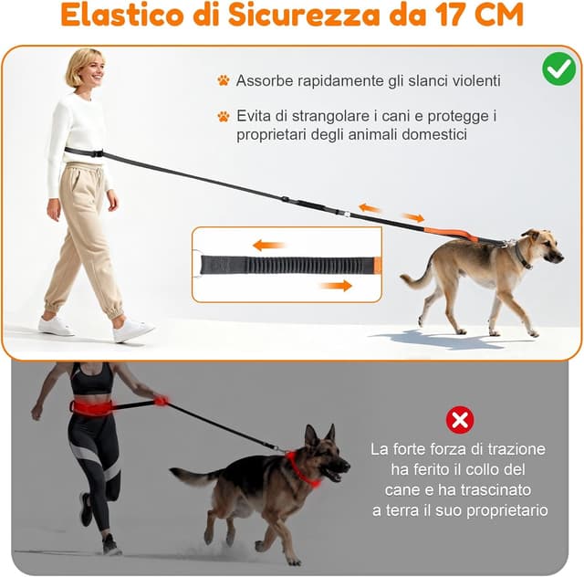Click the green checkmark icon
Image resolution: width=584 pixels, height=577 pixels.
pos(558,69)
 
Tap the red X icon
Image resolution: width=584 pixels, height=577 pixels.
pos(460,420)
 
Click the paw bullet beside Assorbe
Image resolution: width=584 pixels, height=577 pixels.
pos(223,81)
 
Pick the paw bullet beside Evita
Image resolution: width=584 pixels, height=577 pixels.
pos(223,117)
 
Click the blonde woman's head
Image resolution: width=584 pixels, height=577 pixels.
pos(84,68)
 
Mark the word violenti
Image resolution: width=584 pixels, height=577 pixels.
pos(469,81)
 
